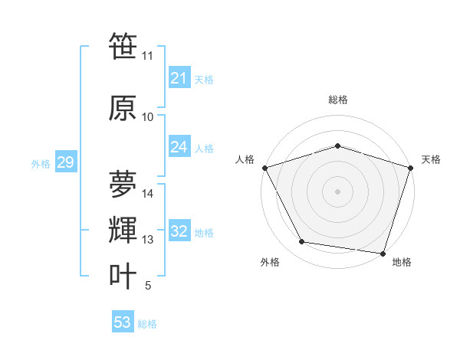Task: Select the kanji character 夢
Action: tap(123, 184)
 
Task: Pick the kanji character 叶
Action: tap(123, 276)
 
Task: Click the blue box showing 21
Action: tap(179, 78)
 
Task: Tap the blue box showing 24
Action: tap(179, 147)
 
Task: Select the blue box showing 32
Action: tap(179, 232)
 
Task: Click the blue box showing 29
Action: tap(65, 162)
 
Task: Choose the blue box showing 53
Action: tap(123, 322)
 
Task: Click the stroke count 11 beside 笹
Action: tap(148, 56)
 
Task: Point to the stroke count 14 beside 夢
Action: tap(148, 194)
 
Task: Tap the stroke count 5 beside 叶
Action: tap(148, 286)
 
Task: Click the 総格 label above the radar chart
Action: tap(338, 100)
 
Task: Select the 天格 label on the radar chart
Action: tap(432, 159)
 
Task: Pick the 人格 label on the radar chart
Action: tap(245, 159)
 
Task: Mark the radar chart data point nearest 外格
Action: tap(302, 242)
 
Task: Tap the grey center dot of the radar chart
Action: tap(338, 191)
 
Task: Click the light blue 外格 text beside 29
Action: tap(41, 163)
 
